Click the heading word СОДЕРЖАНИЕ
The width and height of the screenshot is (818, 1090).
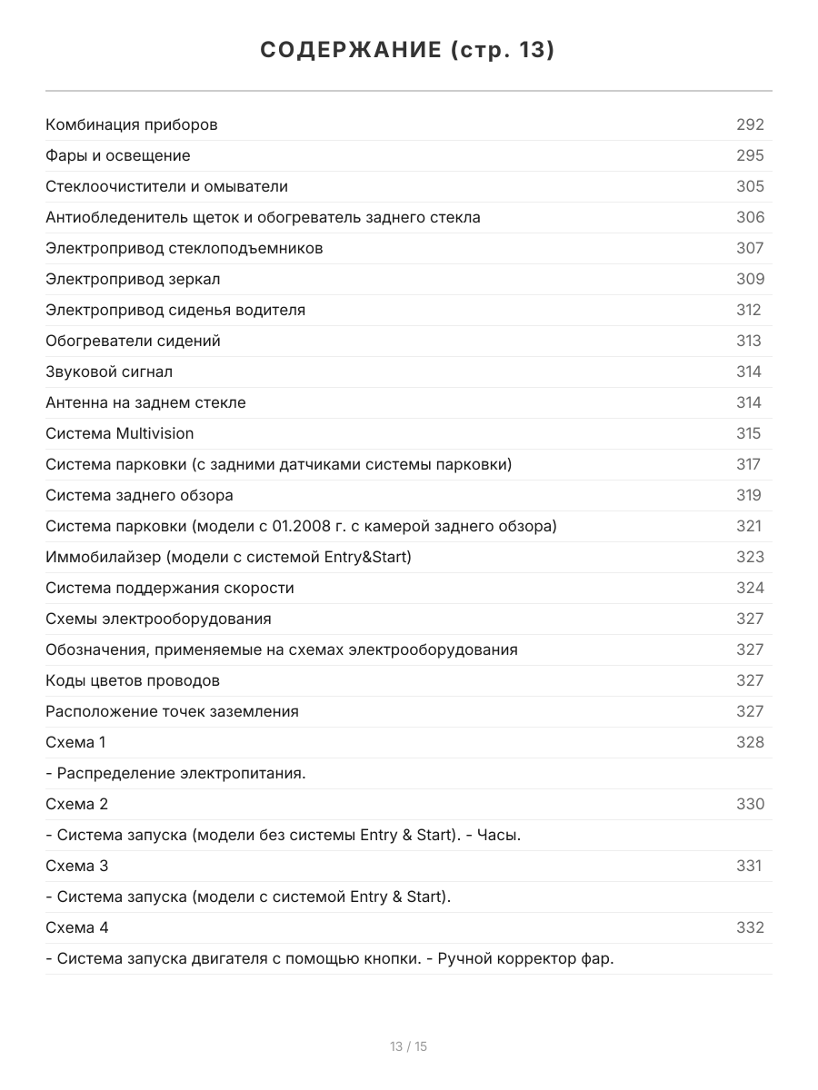(x=350, y=51)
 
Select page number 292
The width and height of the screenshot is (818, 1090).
(x=750, y=124)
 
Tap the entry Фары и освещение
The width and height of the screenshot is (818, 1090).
(x=118, y=155)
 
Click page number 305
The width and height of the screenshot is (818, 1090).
(x=750, y=186)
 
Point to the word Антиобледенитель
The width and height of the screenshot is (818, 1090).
(x=106, y=217)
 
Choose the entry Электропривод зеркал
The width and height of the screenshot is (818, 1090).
(x=133, y=279)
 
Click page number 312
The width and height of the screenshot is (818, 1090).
(x=749, y=310)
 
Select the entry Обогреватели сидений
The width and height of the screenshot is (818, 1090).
(x=133, y=341)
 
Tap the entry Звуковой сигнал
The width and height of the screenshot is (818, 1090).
(x=109, y=372)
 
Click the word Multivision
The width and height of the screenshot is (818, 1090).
(x=155, y=433)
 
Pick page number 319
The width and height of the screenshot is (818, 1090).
(x=749, y=495)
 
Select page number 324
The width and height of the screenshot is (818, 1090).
(x=750, y=588)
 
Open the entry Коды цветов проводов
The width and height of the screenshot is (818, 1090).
(x=133, y=680)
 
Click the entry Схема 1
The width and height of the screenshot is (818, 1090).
(x=75, y=742)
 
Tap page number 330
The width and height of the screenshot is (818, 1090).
(x=750, y=804)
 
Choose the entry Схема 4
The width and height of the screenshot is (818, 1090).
(x=77, y=927)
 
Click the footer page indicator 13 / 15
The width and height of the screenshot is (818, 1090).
(x=408, y=1046)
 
